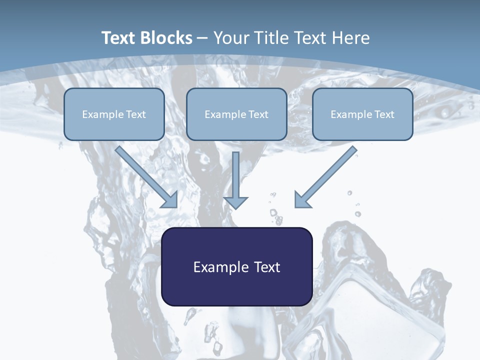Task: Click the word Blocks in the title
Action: [166, 37]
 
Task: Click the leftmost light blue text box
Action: [114, 114]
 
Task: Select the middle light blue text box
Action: [236, 114]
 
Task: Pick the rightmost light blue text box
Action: [363, 114]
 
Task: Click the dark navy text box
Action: [237, 266]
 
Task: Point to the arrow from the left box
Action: [146, 177]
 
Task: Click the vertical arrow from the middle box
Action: [235, 180]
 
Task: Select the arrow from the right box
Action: [325, 177]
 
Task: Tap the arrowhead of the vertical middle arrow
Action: [235, 202]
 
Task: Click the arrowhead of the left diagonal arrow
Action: [170, 201]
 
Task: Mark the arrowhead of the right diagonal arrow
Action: [301, 201]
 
